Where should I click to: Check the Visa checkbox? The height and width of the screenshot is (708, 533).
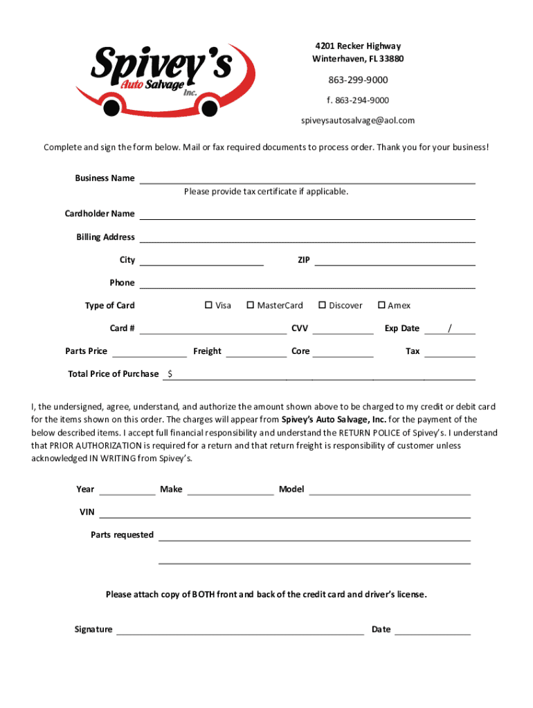(208, 305)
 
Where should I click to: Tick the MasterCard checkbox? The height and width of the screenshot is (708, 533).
(250, 305)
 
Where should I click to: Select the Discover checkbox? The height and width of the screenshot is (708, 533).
(322, 305)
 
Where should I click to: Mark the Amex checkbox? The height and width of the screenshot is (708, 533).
(381, 305)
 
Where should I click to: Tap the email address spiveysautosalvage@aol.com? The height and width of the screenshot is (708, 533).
(357, 120)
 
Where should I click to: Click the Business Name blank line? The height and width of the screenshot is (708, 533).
(307, 178)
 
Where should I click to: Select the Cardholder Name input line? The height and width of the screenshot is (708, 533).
(307, 214)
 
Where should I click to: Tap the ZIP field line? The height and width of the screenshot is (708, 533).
(395, 261)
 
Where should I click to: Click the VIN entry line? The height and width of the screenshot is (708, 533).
(284, 512)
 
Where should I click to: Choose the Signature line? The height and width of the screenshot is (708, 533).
(240, 629)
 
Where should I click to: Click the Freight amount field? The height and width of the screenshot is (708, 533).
(256, 351)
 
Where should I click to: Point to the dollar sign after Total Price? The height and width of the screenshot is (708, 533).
(170, 374)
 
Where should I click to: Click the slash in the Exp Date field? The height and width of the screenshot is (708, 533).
(450, 328)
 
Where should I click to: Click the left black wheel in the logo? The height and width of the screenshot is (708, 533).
(111, 107)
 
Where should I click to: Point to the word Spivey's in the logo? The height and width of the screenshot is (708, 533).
(163, 64)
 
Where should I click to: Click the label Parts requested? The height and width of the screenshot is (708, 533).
(122, 534)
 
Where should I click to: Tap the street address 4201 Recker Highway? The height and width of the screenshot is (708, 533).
(357, 46)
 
